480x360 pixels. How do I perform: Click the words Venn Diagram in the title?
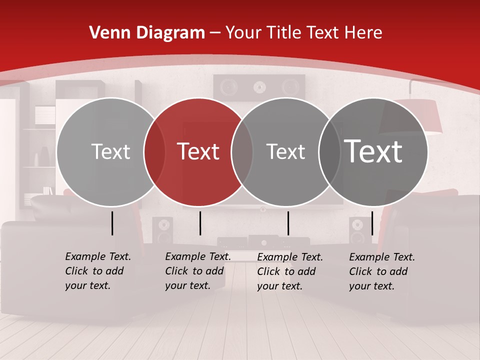(x=147, y=33)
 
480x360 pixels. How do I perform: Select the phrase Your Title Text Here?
(x=304, y=33)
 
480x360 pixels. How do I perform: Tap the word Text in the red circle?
(x=198, y=151)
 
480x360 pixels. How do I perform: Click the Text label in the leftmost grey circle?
(x=110, y=151)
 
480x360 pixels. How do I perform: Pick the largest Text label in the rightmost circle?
(x=373, y=151)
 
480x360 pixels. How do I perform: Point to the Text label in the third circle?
(x=285, y=151)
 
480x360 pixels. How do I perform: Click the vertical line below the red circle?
(x=200, y=223)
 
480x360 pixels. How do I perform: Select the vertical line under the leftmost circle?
(x=112, y=223)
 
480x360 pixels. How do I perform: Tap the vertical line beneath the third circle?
(x=288, y=223)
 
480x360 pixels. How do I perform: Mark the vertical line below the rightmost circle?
(x=372, y=223)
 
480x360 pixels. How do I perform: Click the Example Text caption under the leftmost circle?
(x=98, y=271)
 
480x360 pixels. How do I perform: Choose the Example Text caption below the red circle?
(x=198, y=271)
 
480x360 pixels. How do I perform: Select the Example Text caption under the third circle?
(x=290, y=271)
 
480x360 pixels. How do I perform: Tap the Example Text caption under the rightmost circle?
(x=382, y=271)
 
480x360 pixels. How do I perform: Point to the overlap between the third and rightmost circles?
(x=329, y=151)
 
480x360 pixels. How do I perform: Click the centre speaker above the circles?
(x=259, y=87)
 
